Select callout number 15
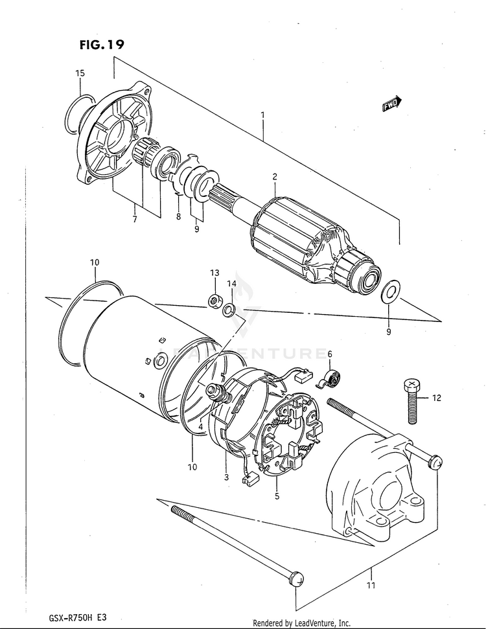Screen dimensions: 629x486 coord(80,74)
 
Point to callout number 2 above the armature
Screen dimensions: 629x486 coord(275,177)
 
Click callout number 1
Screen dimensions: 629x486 coord(263,115)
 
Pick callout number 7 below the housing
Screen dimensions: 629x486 coord(135,220)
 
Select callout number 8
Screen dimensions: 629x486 coord(178,217)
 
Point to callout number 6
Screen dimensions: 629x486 coord(329,354)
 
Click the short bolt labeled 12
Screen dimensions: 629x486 coord(413,401)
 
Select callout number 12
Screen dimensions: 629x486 coord(436,398)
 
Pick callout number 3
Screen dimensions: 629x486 coord(226,477)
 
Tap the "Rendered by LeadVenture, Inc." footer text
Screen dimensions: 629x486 coord(301,623)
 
